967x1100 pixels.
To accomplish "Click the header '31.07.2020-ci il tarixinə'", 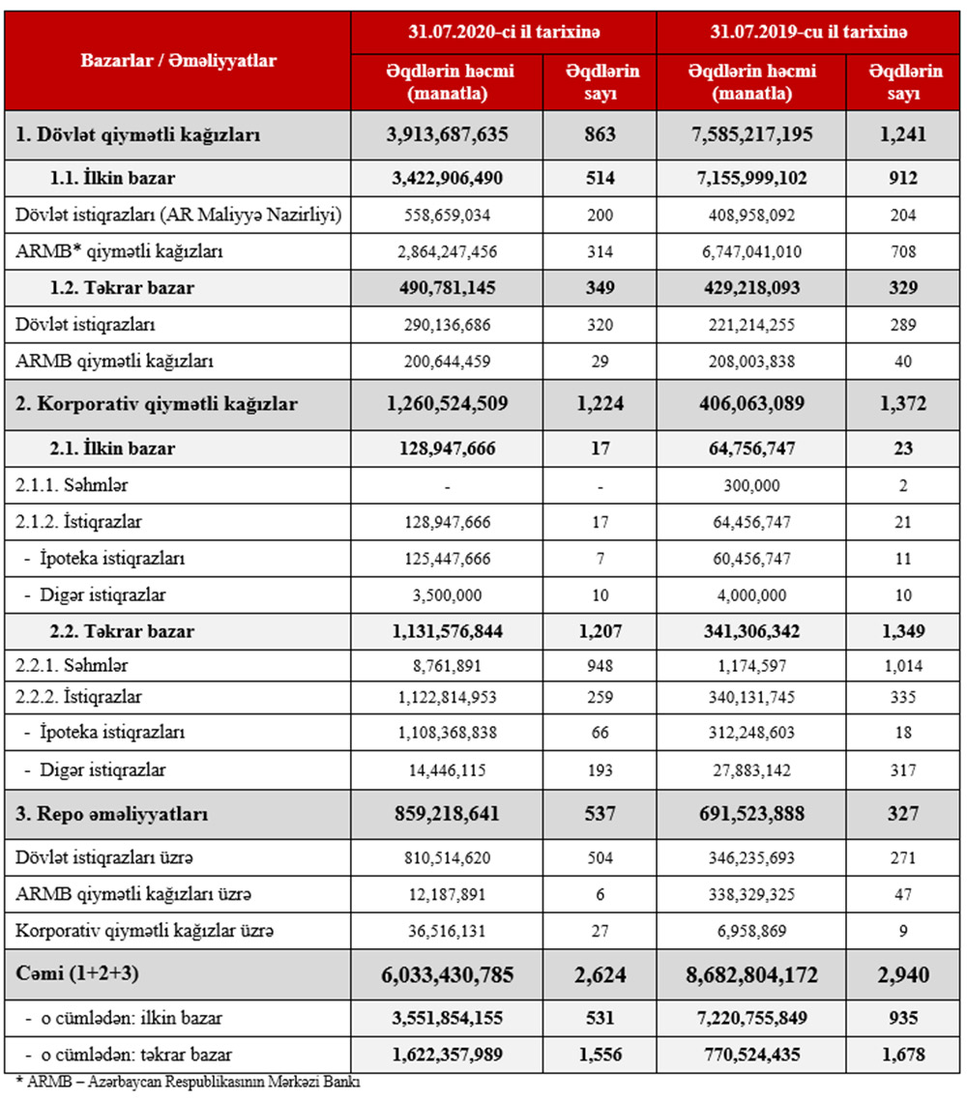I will pyautogui.click(x=504, y=32).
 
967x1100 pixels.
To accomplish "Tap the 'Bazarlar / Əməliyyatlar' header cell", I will pyautogui.click(x=179, y=60).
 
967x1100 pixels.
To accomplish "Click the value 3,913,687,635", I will pyautogui.click(x=446, y=134).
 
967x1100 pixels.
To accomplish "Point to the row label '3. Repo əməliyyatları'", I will pyautogui.click(x=112, y=814).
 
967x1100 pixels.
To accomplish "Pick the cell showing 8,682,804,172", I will pyautogui.click(x=750, y=975).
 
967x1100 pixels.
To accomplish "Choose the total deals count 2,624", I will pyautogui.click(x=601, y=975).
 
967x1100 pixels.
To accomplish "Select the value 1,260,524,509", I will pyautogui.click(x=446, y=404).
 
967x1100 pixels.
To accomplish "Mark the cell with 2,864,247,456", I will pyautogui.click(x=446, y=250).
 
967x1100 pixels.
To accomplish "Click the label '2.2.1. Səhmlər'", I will pyautogui.click(x=73, y=665).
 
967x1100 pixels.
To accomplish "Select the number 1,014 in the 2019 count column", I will pyautogui.click(x=903, y=665).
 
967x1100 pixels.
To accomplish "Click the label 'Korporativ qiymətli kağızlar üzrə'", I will pyautogui.click(x=145, y=932).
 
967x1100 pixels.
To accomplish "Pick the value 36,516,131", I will pyautogui.click(x=446, y=932).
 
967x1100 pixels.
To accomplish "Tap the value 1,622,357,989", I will pyautogui.click(x=446, y=1055).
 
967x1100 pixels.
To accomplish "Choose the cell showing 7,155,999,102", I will pyautogui.click(x=750, y=178).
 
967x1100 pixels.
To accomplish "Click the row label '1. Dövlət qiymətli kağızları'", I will pyautogui.click(x=138, y=134).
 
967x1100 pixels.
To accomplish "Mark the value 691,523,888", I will pyautogui.click(x=750, y=814).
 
